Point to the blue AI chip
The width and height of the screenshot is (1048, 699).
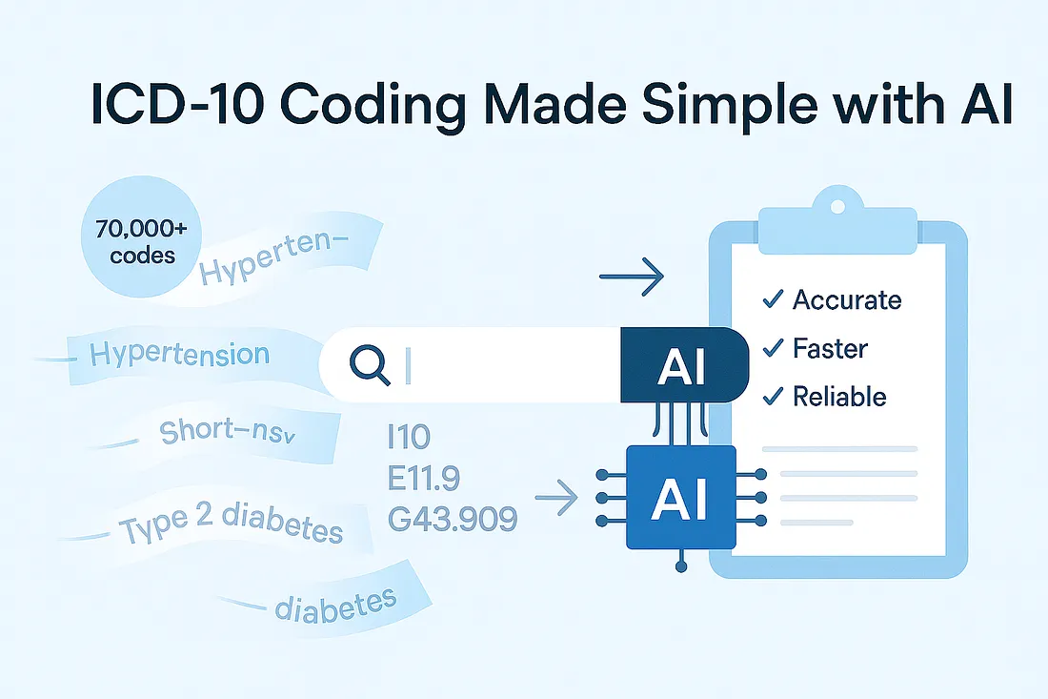(x=680, y=498)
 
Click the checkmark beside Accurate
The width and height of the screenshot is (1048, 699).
(x=772, y=300)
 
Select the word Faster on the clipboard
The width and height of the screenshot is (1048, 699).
(x=830, y=348)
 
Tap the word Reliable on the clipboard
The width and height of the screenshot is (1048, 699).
(x=839, y=396)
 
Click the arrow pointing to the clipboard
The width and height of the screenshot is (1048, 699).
(x=631, y=278)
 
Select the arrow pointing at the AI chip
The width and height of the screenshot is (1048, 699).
(x=557, y=495)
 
